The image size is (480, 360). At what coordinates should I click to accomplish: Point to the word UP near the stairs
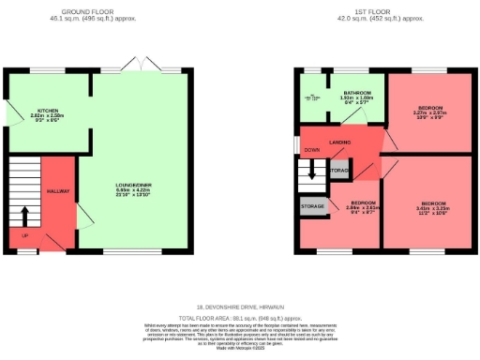coord(24,235)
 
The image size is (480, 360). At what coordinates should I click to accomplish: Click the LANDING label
coord(340,142)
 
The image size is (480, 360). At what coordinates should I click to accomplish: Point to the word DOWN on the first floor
coord(312,150)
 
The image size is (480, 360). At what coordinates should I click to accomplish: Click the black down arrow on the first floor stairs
coord(312,171)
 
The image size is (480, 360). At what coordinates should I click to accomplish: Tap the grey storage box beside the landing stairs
coord(339,171)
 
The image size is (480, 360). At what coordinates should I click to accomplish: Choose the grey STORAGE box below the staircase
coord(313,205)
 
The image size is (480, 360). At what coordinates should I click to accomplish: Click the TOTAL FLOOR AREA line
coord(240,319)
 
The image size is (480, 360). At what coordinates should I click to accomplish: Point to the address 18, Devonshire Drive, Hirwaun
coord(240,307)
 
